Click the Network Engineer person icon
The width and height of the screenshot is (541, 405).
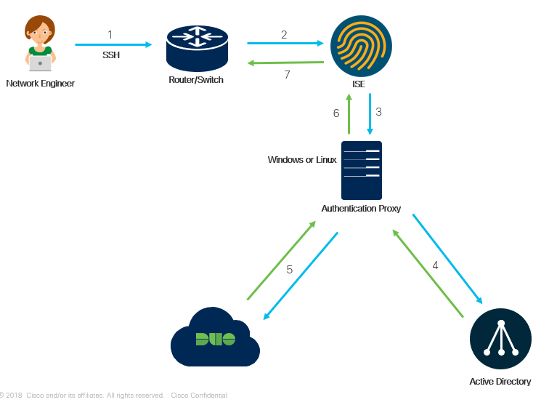coord(40,44)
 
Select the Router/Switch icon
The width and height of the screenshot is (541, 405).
coord(196,47)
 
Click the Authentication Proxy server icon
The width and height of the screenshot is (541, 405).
coord(362,170)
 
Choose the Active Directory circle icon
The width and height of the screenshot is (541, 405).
coord(500,340)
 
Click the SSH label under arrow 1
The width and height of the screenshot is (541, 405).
coord(111,55)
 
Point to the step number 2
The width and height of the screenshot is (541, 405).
coord(284,34)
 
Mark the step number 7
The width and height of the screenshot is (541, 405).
coord(287,74)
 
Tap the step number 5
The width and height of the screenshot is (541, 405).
coord(289,270)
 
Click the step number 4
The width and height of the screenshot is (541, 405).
coord(435,265)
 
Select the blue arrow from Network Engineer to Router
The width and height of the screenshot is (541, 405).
coord(113,45)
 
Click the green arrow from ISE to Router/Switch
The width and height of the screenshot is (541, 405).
coord(285,63)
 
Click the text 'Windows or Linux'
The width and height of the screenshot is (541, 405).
coord(301,159)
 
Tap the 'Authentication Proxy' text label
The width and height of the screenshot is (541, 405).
coord(361,209)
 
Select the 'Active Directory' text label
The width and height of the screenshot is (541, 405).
coord(500,382)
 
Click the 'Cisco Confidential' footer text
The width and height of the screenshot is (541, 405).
coord(199,396)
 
